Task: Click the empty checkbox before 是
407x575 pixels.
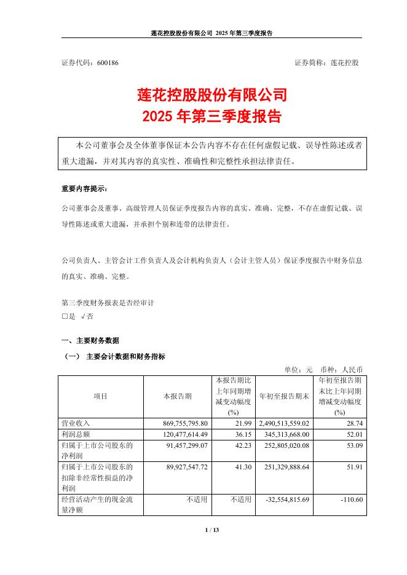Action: pos(65,316)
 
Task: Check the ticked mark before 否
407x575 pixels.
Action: pos(82,316)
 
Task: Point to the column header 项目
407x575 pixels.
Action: pos(100,396)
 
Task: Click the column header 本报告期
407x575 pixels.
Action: pos(177,396)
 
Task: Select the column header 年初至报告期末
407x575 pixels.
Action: pos(284,396)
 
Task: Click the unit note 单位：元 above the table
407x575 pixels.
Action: pos(298,370)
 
